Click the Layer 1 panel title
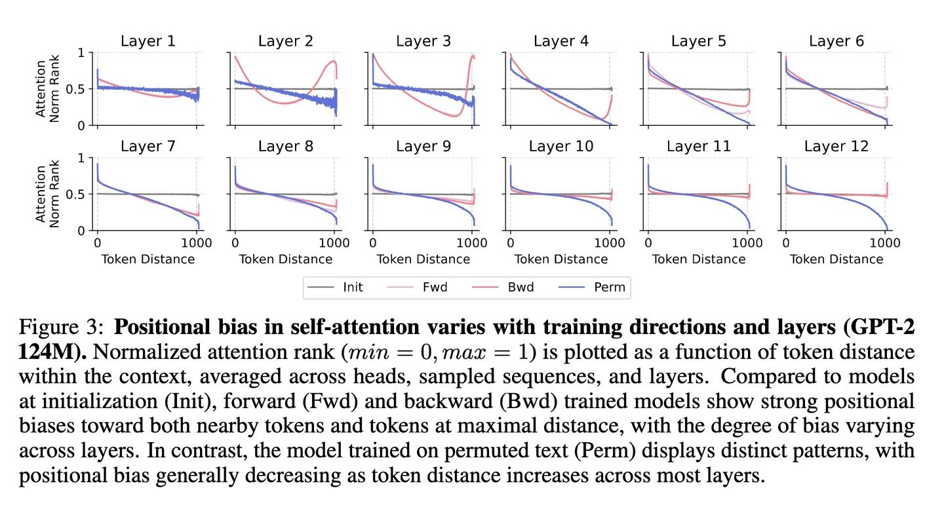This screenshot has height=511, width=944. click(x=147, y=41)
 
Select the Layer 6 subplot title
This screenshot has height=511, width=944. click(x=836, y=41)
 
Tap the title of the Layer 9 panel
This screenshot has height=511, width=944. click(x=423, y=147)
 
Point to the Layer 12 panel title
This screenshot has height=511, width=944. click(x=836, y=147)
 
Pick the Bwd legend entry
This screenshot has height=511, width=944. click(x=521, y=287)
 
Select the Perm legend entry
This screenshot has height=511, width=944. click(x=608, y=287)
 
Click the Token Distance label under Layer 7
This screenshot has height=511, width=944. click(x=147, y=259)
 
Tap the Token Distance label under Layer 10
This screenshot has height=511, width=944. click(x=560, y=259)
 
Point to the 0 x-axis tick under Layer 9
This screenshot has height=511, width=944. click(x=372, y=243)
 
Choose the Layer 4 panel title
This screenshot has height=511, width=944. click(x=560, y=41)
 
